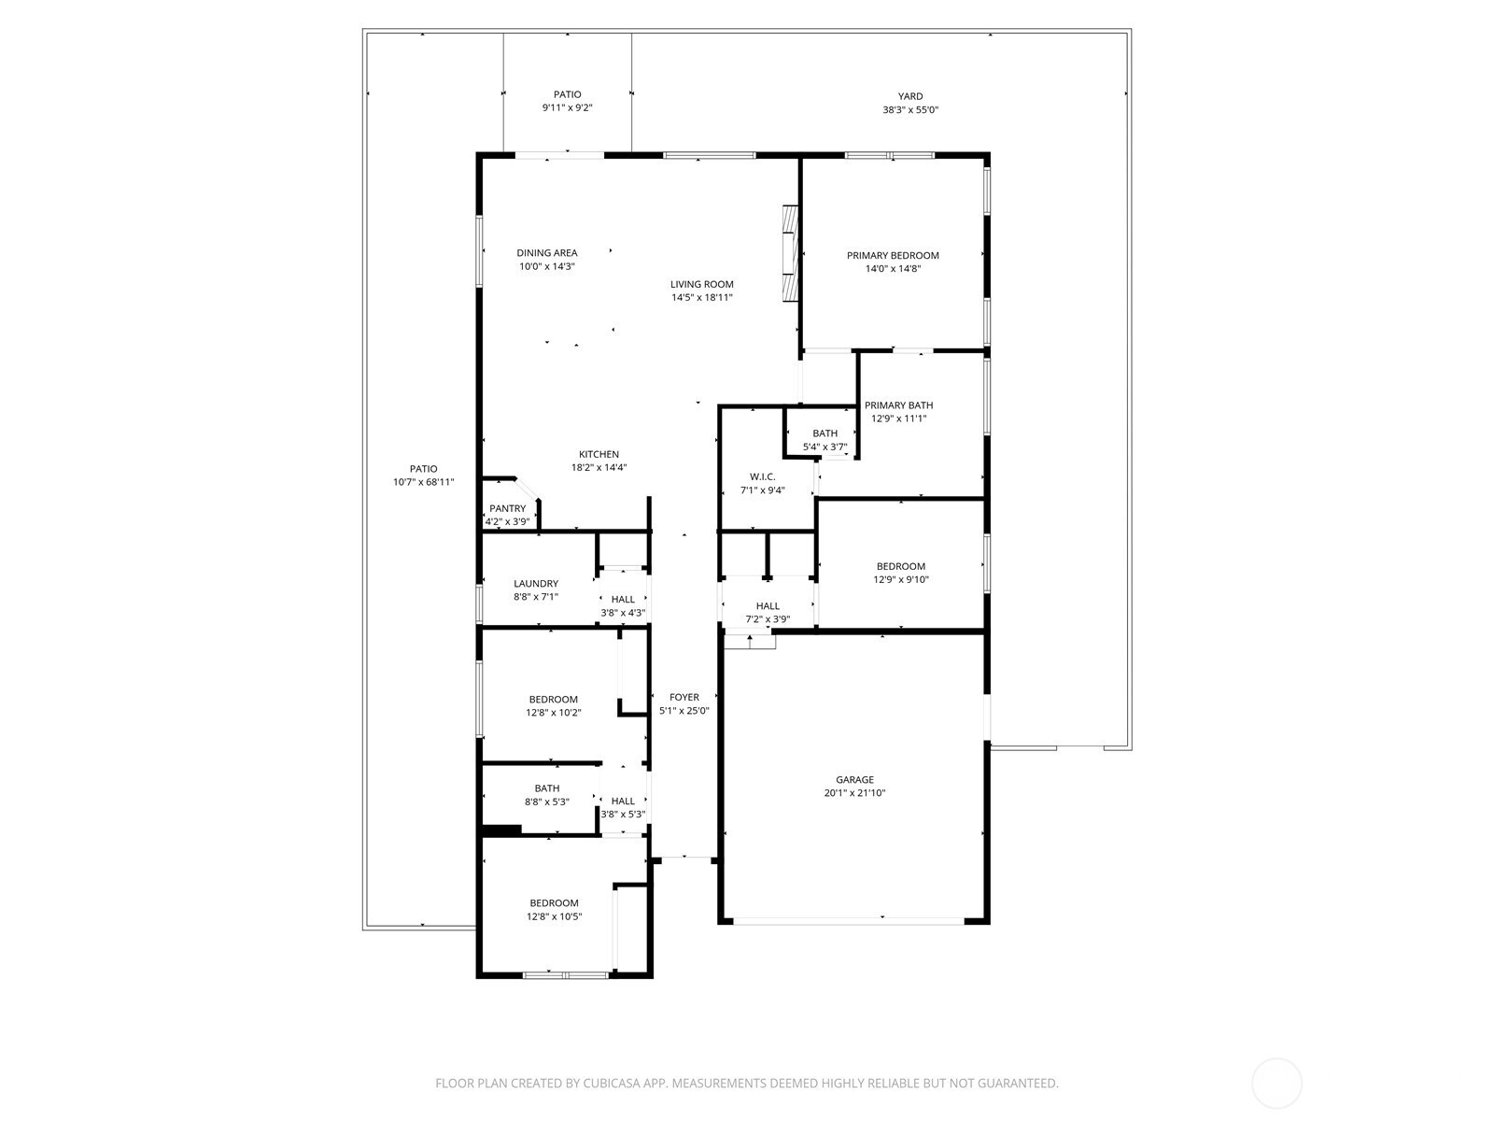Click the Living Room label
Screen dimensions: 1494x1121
pos(702,285)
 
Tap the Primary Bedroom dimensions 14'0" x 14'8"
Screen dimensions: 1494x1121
pos(893,269)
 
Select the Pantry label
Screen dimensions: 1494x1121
pos(508,508)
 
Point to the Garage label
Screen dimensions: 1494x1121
pos(855,779)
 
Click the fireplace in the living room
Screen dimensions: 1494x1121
pos(790,253)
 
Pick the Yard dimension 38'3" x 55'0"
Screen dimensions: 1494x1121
pos(910,109)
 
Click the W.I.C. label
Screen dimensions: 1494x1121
pos(762,476)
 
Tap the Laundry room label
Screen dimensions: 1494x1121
pos(536,583)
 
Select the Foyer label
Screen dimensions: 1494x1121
pos(684,697)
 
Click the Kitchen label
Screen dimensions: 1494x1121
pos(599,454)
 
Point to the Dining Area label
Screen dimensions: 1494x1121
pos(547,253)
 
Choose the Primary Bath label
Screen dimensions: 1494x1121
pos(898,405)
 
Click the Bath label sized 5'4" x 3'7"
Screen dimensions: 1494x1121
pos(825,433)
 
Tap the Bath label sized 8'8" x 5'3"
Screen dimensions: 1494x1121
pos(547,788)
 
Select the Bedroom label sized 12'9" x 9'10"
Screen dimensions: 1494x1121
pos(900,566)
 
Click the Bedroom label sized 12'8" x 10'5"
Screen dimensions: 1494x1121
pos(554,903)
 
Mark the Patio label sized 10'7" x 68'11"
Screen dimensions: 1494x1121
pos(423,469)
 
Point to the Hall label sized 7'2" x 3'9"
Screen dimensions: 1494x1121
pos(768,605)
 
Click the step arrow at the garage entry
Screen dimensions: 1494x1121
pos(750,641)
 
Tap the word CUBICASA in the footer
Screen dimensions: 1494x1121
pos(612,1083)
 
